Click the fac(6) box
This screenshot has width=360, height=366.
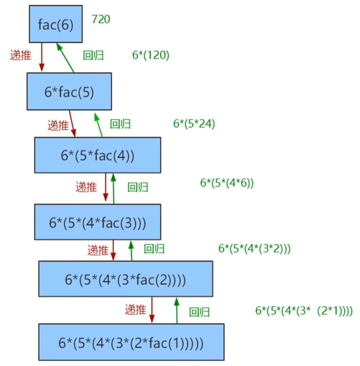click(x=56, y=25)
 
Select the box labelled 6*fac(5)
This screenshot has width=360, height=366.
click(x=69, y=91)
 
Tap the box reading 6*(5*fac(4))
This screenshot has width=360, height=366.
click(x=97, y=155)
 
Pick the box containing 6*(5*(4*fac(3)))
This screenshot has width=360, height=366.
click(x=97, y=222)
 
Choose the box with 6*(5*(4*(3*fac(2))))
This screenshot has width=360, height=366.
click(x=126, y=279)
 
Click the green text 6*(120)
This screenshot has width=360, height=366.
click(x=150, y=55)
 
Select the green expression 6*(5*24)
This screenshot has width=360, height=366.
click(x=194, y=124)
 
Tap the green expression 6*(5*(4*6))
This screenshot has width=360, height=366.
click(x=227, y=183)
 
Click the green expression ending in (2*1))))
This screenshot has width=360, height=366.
click(x=304, y=311)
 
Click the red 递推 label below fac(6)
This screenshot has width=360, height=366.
click(x=20, y=55)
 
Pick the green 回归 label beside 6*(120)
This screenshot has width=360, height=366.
click(x=93, y=55)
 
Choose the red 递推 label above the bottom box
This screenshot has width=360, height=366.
click(x=136, y=310)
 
